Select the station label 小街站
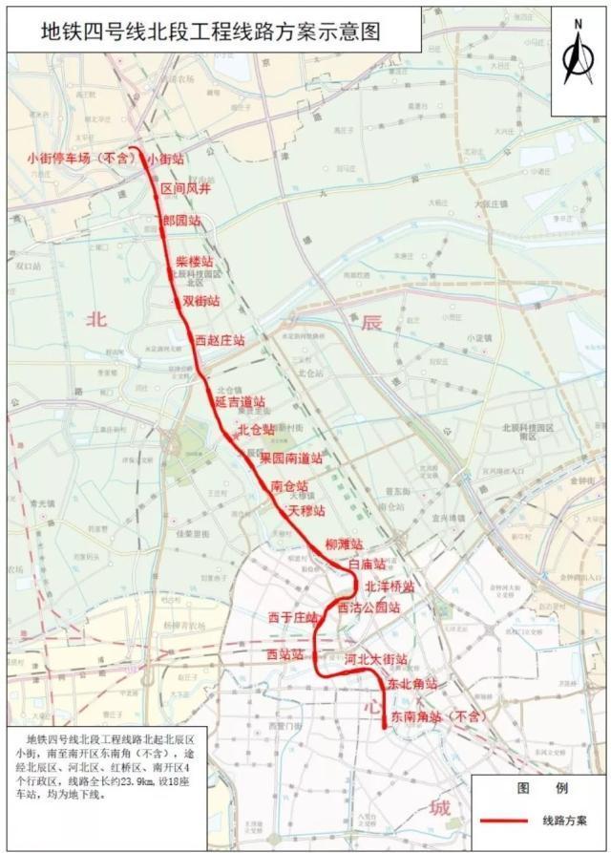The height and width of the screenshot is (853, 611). [x=167, y=160]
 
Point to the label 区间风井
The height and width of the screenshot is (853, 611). [x=185, y=190]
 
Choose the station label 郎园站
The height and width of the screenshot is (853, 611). [x=181, y=221]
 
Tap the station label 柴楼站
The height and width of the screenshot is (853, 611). [x=194, y=261]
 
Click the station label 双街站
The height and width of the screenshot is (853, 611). [x=200, y=300]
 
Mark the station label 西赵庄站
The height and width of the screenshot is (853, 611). [x=220, y=339]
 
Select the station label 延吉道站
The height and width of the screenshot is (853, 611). [x=241, y=401]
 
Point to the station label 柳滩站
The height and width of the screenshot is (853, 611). [x=345, y=544]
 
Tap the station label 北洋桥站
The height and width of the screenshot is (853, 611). [x=390, y=586]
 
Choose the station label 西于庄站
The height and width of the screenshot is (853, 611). [x=292, y=617]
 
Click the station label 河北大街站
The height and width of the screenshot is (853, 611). [x=376, y=659]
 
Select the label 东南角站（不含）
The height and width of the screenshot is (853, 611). [x=433, y=714]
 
